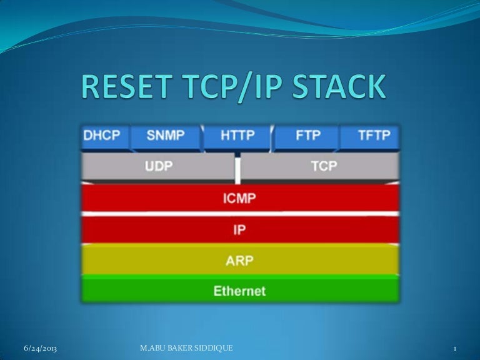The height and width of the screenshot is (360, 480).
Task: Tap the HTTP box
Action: pos(238,137)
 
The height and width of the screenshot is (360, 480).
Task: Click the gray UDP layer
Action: pos(159,167)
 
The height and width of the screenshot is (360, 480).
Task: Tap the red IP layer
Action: pos(240,229)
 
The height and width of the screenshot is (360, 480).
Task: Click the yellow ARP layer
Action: pos(240,260)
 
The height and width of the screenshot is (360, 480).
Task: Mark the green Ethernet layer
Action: pos(240,291)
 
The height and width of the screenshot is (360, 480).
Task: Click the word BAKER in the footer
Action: pos(181,347)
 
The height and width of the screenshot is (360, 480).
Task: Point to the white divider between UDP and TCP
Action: pos(237,169)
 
